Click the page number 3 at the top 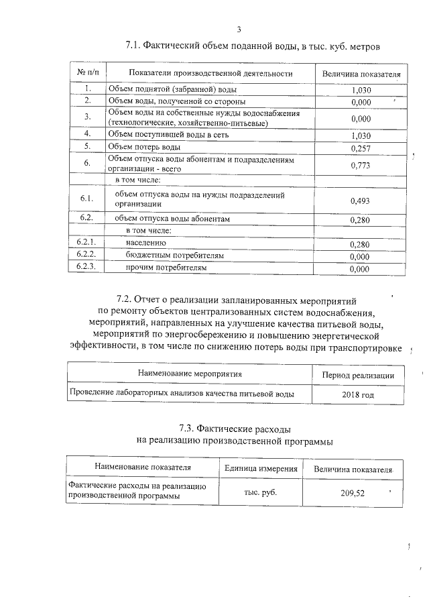(x=239, y=29)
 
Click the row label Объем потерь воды (x=144, y=146)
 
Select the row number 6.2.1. (x=87, y=243)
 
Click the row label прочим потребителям (x=166, y=268)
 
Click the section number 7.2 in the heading (x=125, y=298)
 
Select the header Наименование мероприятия (x=190, y=373)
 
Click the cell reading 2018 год (x=358, y=394)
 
